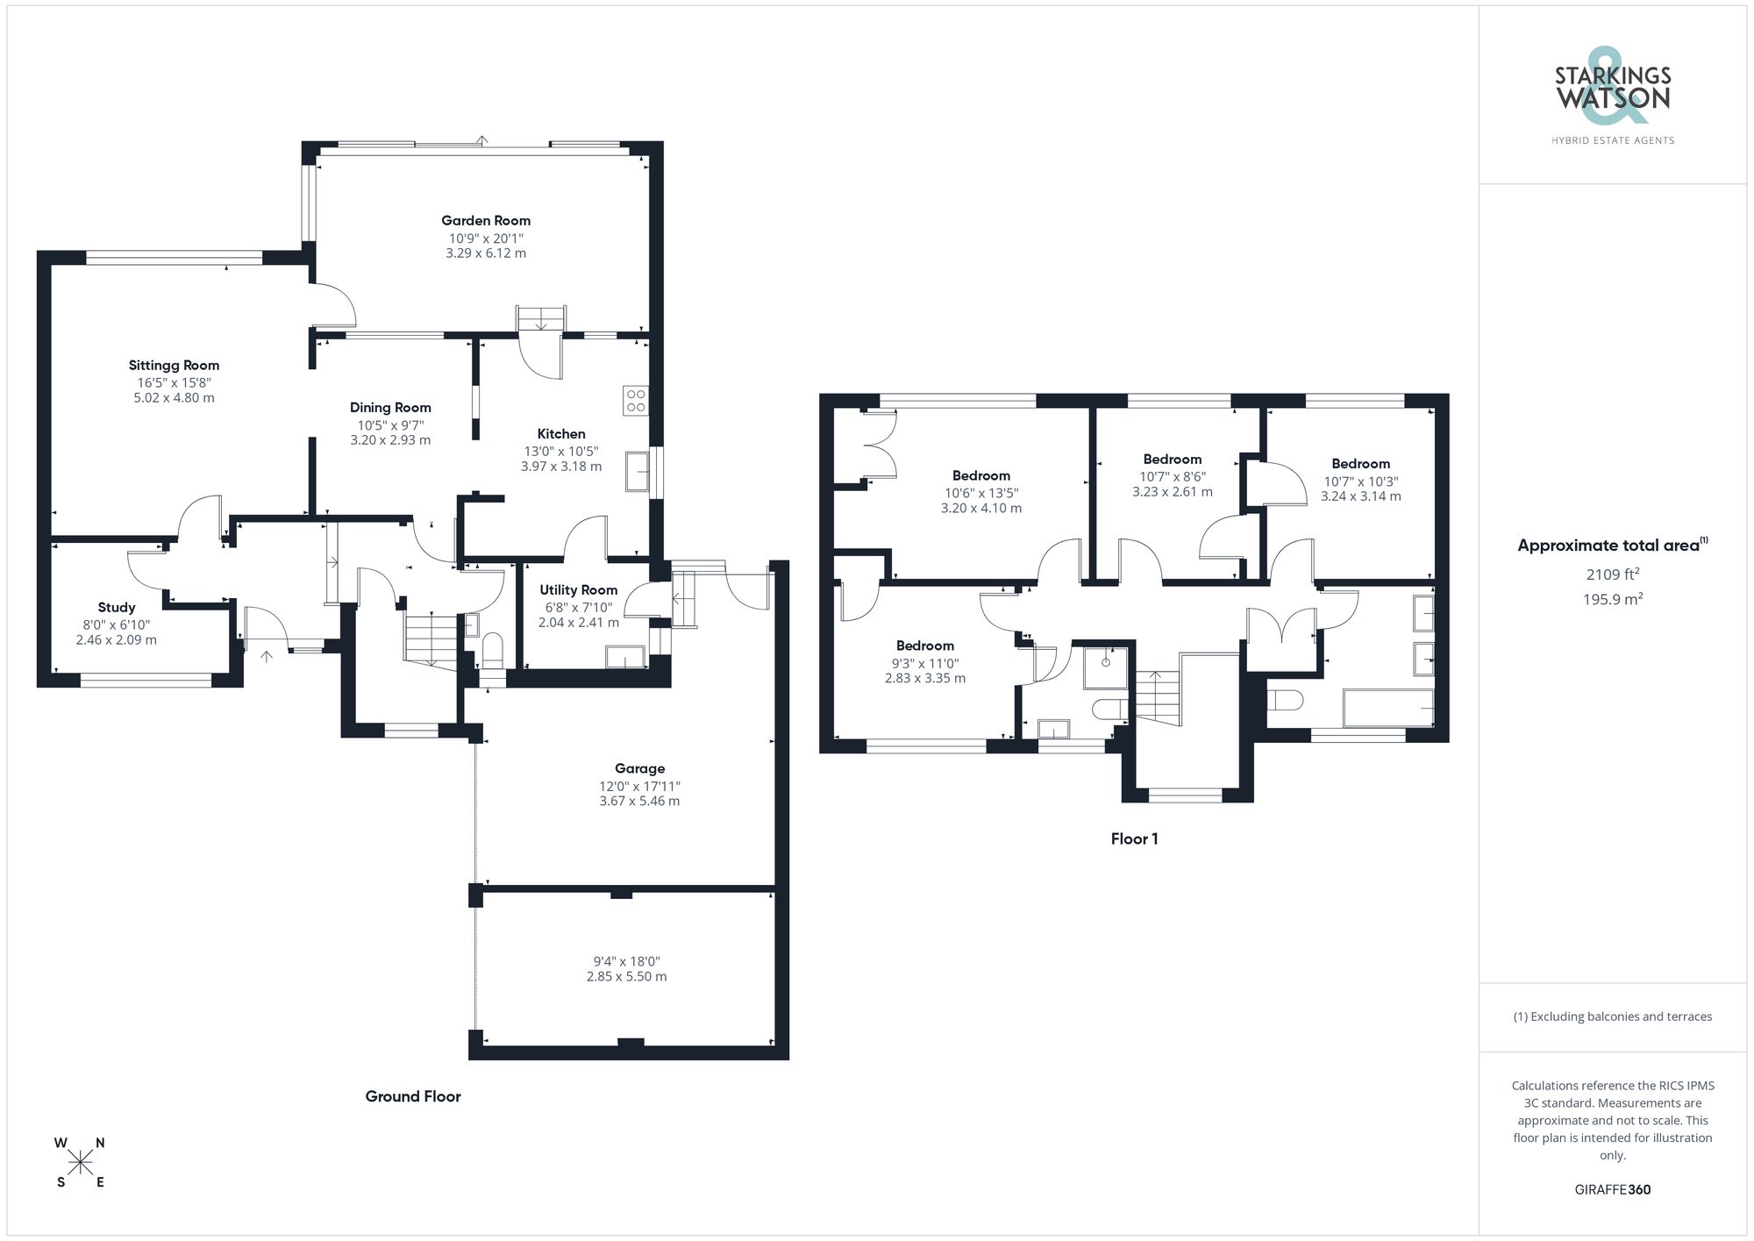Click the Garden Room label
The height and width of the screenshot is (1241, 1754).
click(485, 221)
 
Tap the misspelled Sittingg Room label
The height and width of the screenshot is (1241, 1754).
click(174, 366)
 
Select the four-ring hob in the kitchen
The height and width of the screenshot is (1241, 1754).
click(635, 401)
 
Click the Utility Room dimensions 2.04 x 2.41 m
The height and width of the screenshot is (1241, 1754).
click(578, 623)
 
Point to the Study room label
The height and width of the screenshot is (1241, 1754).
click(117, 608)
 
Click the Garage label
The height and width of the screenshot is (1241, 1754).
click(639, 769)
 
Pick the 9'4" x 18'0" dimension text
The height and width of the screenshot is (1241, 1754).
click(626, 961)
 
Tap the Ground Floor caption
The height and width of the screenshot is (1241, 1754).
click(412, 1096)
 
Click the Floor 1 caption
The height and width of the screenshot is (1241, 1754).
click(1134, 839)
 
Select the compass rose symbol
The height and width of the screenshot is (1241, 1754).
click(81, 1163)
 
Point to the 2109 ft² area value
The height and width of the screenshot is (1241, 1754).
click(1612, 574)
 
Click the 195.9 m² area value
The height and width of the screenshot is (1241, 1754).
click(1612, 599)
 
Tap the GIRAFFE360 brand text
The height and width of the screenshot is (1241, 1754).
click(1612, 1190)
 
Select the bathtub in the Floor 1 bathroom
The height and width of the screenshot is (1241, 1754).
click(1388, 708)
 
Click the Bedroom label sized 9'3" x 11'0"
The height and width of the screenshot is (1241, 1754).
click(924, 646)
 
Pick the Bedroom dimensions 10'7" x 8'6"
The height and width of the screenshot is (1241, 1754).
click(1172, 477)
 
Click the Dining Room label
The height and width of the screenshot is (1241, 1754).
click(390, 408)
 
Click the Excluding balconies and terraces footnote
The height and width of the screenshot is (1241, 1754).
click(1612, 1017)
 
